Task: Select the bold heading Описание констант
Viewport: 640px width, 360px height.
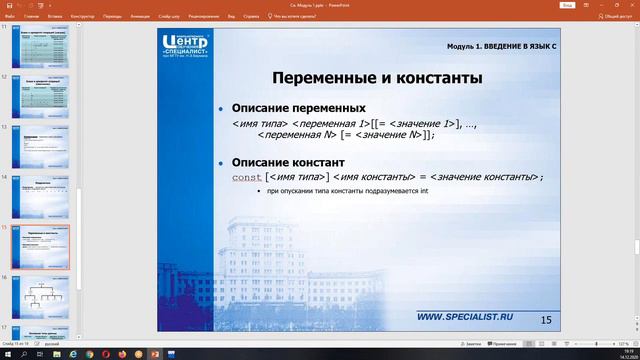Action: (x=288, y=162)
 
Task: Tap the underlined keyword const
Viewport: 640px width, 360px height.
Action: (x=246, y=177)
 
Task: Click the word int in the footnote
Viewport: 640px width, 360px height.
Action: (x=424, y=191)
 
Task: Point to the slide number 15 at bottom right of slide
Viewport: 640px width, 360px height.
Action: (x=545, y=319)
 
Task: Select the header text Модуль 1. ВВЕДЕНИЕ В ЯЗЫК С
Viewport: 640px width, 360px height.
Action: (x=499, y=48)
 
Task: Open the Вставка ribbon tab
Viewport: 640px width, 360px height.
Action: (x=56, y=16)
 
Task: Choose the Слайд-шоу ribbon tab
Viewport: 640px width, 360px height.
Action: (x=169, y=16)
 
